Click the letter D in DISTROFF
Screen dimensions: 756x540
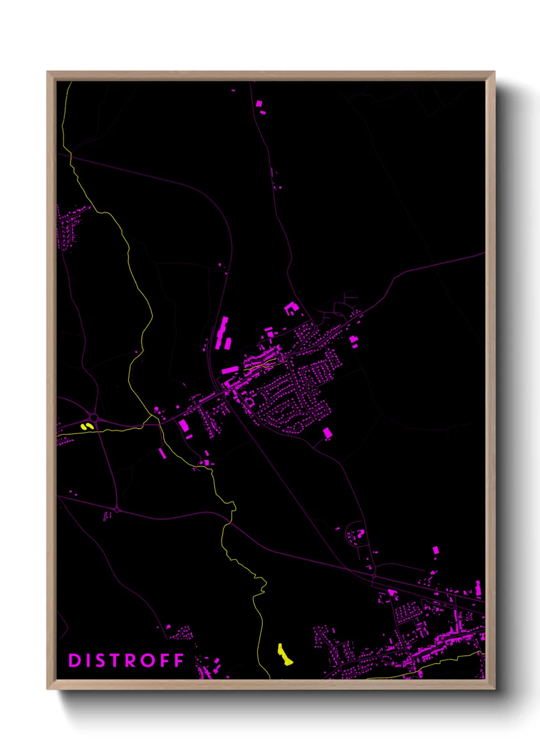tap(75, 660)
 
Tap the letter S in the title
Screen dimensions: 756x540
tap(104, 660)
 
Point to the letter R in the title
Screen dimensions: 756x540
tap(134, 660)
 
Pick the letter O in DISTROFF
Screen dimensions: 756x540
tap(149, 660)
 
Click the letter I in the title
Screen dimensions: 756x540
tap(90, 660)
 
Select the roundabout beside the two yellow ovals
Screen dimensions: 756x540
tap(93, 418)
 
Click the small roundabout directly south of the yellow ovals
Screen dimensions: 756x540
tap(117, 510)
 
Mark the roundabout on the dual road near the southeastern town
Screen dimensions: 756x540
tap(374, 576)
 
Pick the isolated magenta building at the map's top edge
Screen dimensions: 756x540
tap(259, 104)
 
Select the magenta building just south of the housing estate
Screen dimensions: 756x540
tap(327, 434)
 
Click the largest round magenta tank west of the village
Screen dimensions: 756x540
tap(156, 409)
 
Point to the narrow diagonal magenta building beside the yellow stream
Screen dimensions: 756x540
tap(162, 453)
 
